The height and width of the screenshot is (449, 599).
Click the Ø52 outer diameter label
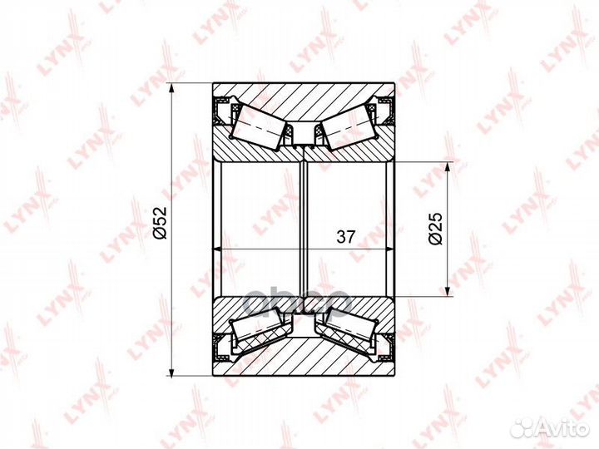(161, 223)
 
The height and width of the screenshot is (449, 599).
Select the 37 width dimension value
(346, 237)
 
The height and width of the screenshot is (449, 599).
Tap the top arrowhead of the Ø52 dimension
(172, 90)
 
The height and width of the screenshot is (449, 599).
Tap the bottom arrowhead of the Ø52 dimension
(172, 369)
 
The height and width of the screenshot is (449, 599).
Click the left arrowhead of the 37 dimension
(218, 249)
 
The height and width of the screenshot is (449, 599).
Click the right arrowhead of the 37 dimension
(389, 249)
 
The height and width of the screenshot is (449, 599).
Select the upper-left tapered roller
(259, 126)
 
